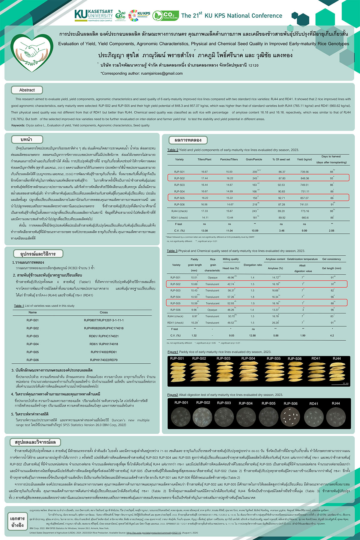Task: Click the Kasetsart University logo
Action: pyautogui.click(x=93, y=15)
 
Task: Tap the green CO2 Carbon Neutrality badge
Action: pyautogui.click(x=165, y=15)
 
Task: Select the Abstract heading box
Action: pyautogui.click(x=27, y=90)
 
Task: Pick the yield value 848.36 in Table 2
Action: pyautogui.click(x=304, y=178)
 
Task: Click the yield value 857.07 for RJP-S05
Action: pyautogui.click(x=304, y=198)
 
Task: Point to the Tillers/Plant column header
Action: pyautogui.click(x=204, y=159)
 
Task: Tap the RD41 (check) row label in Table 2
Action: pyautogui.click(x=179, y=217)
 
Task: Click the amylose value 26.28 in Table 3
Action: pyautogui.click(x=275, y=323)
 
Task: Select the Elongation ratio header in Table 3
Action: pyautogui.click(x=253, y=265)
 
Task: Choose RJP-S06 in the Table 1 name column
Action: pyautogui.click(x=32, y=360)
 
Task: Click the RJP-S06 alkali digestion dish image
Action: pyautogui.click(x=290, y=417)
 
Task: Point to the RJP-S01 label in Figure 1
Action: pyautogui.click(x=177, y=358)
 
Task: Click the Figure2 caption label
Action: pyautogui.click(x=172, y=395)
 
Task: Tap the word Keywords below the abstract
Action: pyautogui.click(x=18, y=125)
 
